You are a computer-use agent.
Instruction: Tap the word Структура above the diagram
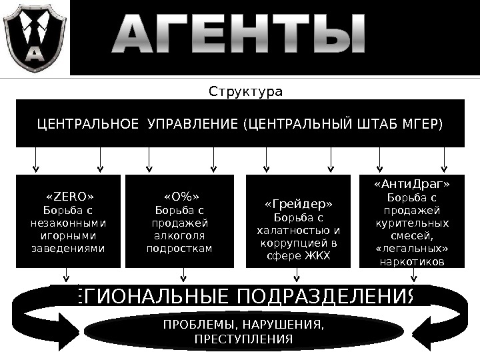pyautogui.click(x=246, y=91)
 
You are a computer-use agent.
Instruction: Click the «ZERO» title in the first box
pyautogui.click(x=69, y=197)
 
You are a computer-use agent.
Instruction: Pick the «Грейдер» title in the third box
pyautogui.click(x=298, y=204)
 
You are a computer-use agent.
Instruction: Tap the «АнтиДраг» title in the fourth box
pyautogui.click(x=412, y=184)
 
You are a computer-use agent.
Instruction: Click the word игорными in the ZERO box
pyautogui.click(x=69, y=236)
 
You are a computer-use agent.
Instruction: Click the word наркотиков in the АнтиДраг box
pyautogui.click(x=412, y=262)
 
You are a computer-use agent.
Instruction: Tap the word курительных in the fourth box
pyautogui.click(x=412, y=223)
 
